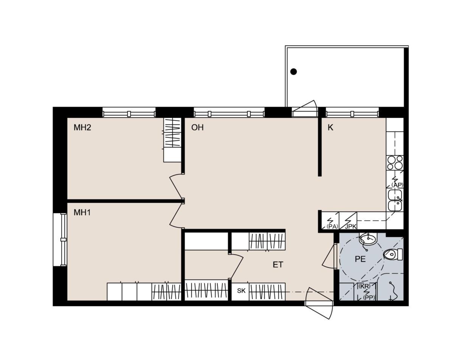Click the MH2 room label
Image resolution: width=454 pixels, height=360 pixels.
(x=82, y=127)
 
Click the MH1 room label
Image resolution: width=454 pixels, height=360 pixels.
(x=82, y=213)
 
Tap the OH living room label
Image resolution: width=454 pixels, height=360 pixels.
(x=197, y=127)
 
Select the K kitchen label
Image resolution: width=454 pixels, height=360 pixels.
(x=330, y=127)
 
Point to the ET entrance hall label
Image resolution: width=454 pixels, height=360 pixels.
(x=278, y=265)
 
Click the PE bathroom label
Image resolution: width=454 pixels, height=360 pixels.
(x=360, y=259)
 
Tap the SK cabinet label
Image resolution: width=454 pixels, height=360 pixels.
(x=241, y=291)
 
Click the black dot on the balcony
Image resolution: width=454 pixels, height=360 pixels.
(x=294, y=72)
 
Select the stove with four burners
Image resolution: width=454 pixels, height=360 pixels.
(x=395, y=163)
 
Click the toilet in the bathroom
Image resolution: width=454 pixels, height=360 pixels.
(x=393, y=255)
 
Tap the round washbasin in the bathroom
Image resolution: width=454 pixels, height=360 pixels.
(x=368, y=239)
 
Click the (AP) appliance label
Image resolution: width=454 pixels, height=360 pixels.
(x=397, y=185)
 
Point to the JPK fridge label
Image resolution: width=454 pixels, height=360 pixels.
(x=351, y=227)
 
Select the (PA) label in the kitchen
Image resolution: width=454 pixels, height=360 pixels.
(x=332, y=227)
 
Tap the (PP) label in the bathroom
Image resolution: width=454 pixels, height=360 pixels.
(x=369, y=298)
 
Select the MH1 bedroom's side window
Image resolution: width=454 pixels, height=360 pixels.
(x=60, y=240)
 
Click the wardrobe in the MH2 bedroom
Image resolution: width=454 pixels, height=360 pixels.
(x=173, y=140)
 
